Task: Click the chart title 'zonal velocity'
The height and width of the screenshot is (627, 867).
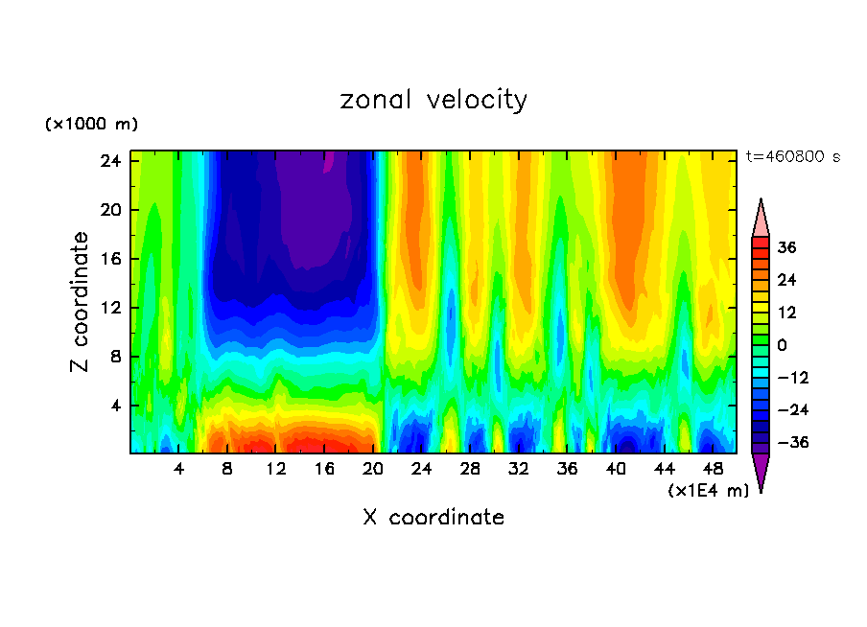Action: pyautogui.click(x=433, y=100)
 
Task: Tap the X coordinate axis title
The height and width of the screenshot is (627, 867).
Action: pyautogui.click(x=433, y=518)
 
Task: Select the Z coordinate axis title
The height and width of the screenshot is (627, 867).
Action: pyautogui.click(x=81, y=302)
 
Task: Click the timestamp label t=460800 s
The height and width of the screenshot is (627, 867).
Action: pyautogui.click(x=792, y=156)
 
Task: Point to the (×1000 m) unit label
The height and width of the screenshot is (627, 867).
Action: pyautogui.click(x=91, y=125)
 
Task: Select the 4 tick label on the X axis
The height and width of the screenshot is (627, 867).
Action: pyautogui.click(x=179, y=470)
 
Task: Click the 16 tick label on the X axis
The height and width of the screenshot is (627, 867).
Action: pyautogui.click(x=324, y=470)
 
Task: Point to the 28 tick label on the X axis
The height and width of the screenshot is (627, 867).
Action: pyautogui.click(x=470, y=470)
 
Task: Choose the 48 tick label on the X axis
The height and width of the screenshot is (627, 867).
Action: pyautogui.click(x=712, y=470)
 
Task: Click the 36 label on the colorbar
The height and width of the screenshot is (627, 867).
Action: pyautogui.click(x=786, y=247)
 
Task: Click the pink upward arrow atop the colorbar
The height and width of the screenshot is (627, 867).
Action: pyautogui.click(x=761, y=219)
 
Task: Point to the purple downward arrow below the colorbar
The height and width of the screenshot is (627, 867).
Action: pyautogui.click(x=761, y=472)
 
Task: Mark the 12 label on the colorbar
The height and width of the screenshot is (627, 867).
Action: pyautogui.click(x=786, y=313)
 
